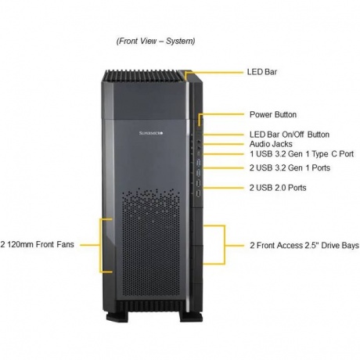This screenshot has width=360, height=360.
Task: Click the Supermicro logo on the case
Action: [x=151, y=133]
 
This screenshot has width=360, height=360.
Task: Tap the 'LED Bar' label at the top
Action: [x=262, y=72]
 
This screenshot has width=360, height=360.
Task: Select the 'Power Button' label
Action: [x=273, y=114]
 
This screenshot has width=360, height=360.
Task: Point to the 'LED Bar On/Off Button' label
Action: [x=290, y=135]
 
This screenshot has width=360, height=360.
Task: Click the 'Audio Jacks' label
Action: [x=271, y=144]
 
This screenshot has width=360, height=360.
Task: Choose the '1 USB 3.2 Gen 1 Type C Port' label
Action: [x=301, y=154]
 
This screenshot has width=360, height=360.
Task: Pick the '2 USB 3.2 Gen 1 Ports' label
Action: [x=290, y=167]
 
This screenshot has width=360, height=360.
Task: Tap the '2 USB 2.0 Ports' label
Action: [x=278, y=188]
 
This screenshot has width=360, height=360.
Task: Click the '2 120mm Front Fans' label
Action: [x=37, y=244]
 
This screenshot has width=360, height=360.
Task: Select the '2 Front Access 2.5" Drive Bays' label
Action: [x=304, y=246]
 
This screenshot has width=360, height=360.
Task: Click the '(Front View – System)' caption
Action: [x=156, y=41]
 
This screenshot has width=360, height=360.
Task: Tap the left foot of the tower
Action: [x=117, y=316]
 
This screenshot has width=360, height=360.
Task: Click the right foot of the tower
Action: [x=191, y=317]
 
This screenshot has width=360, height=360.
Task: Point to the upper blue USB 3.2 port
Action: [x=199, y=163]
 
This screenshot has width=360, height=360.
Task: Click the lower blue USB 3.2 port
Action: [x=199, y=173]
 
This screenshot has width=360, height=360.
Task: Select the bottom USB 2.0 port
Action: [x=199, y=193]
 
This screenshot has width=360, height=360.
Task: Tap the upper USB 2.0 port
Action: [x=199, y=184]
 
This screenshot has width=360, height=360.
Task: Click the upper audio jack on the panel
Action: [x=199, y=142]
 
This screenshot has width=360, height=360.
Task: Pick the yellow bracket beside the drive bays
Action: [x=225, y=245]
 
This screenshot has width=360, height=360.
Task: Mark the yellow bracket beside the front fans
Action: [x=100, y=245]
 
